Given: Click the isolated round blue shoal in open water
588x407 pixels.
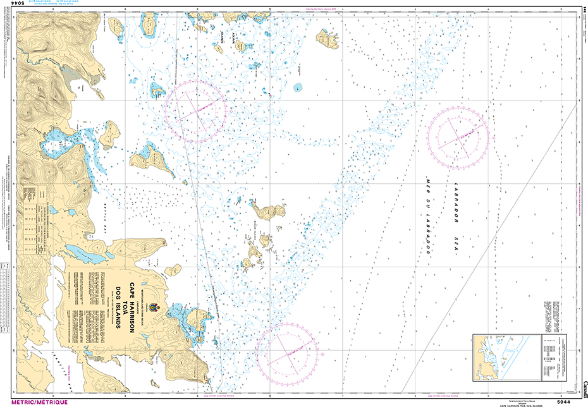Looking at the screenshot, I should (x=298, y=87).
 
